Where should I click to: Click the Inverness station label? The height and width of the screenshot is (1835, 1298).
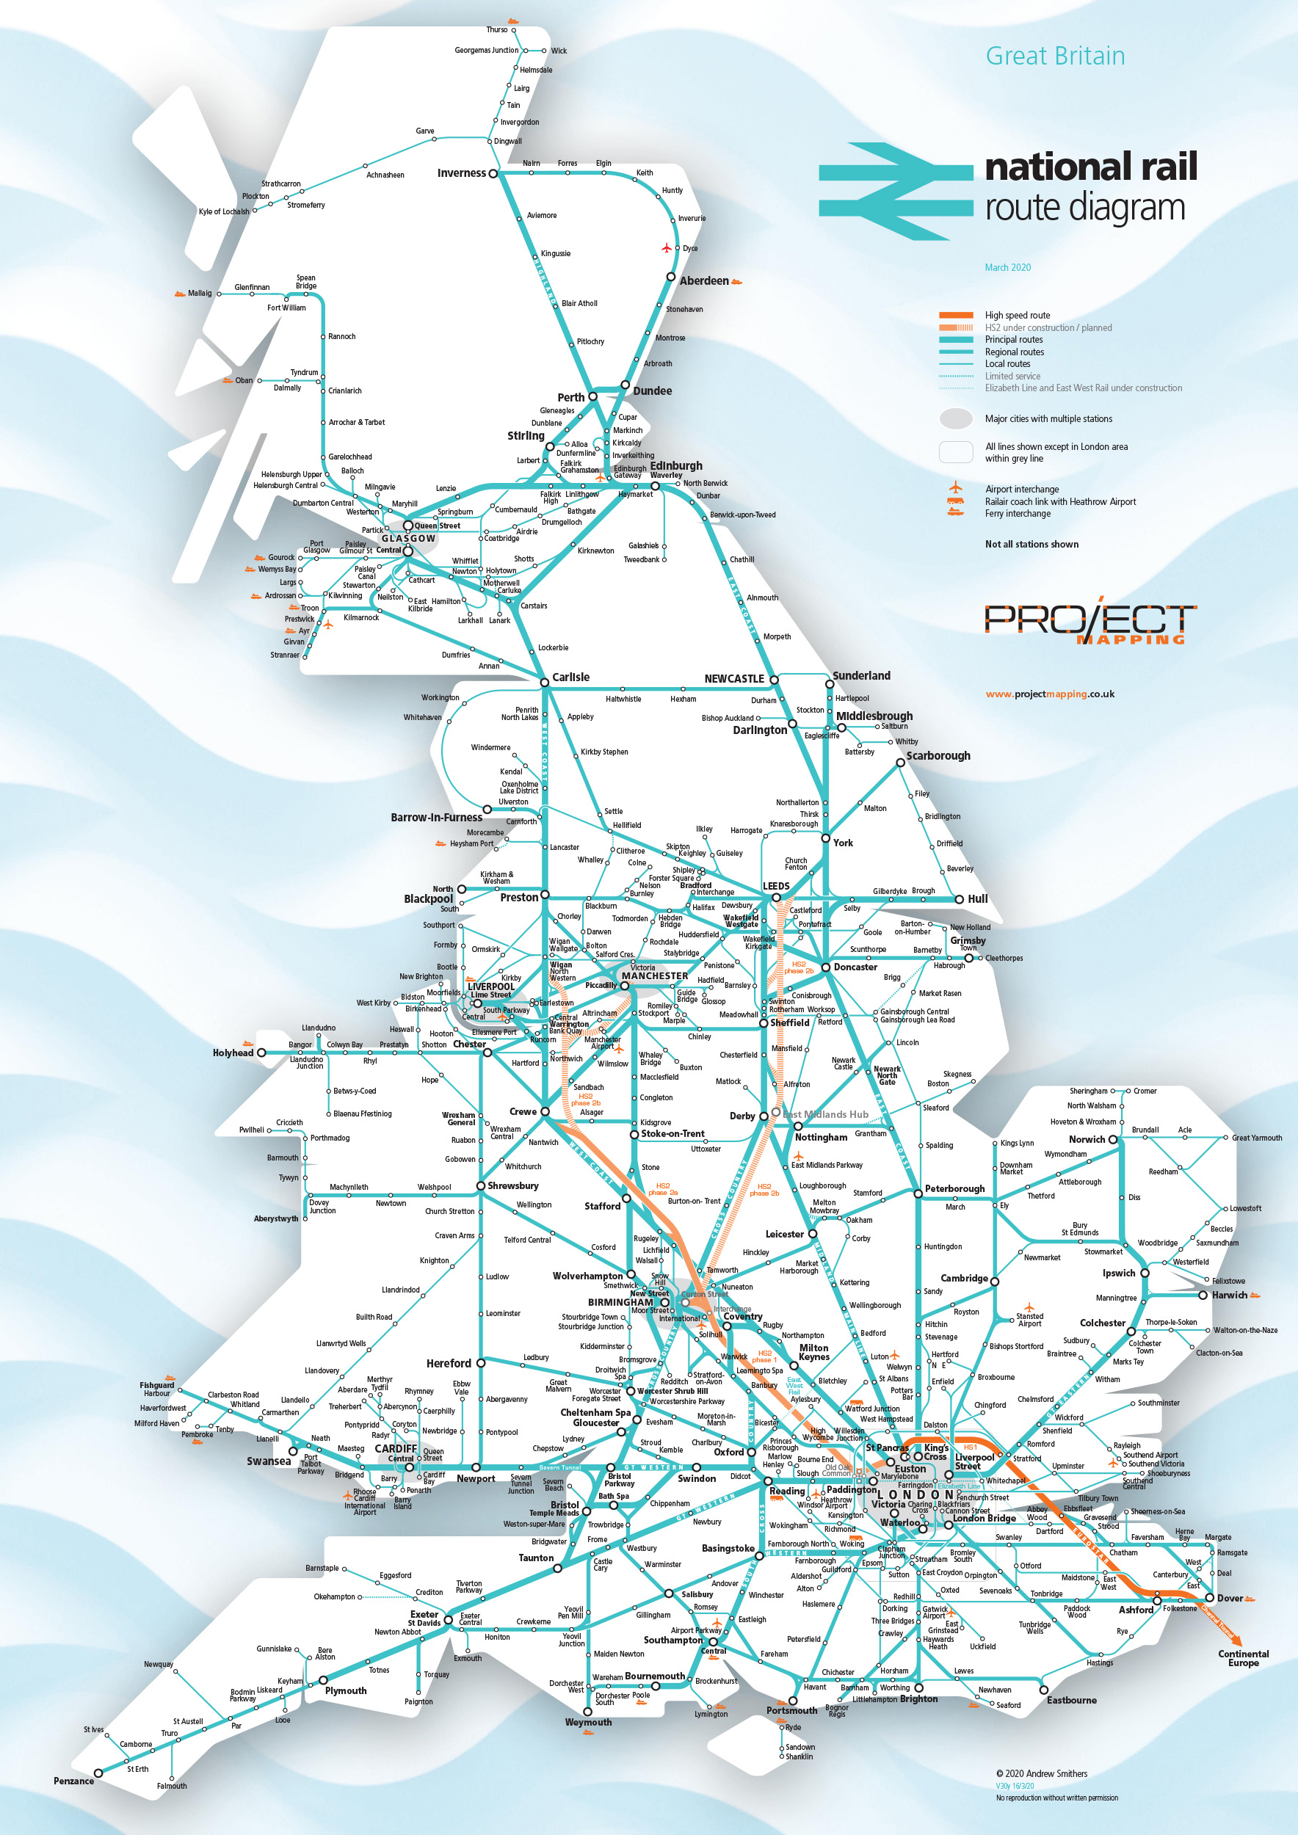click(x=461, y=173)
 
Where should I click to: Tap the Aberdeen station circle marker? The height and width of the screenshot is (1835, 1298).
click(x=671, y=277)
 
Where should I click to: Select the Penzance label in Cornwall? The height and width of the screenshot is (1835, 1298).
click(x=73, y=1781)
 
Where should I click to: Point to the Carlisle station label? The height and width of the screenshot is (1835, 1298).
click(x=570, y=677)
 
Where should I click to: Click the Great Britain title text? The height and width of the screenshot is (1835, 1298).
click(x=1054, y=56)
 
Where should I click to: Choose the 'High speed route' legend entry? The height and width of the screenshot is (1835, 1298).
click(x=1017, y=316)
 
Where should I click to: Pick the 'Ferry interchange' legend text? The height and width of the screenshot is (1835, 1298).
click(x=1017, y=514)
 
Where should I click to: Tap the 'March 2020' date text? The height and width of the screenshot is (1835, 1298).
click(x=1007, y=268)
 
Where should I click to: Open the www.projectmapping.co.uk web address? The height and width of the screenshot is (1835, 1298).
click(x=1049, y=694)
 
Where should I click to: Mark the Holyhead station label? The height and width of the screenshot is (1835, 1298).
click(x=233, y=1053)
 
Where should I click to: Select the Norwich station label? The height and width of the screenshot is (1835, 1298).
click(x=1087, y=1140)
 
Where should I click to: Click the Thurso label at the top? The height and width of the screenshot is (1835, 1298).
click(x=496, y=29)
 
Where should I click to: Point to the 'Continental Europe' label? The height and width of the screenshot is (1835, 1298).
click(x=1243, y=1657)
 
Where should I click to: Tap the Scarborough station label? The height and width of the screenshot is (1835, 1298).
click(x=938, y=755)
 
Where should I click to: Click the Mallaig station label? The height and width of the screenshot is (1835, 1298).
click(x=200, y=294)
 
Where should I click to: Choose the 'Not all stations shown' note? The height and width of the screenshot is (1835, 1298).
click(x=1031, y=545)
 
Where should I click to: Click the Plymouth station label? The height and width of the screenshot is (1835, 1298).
click(x=345, y=1690)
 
